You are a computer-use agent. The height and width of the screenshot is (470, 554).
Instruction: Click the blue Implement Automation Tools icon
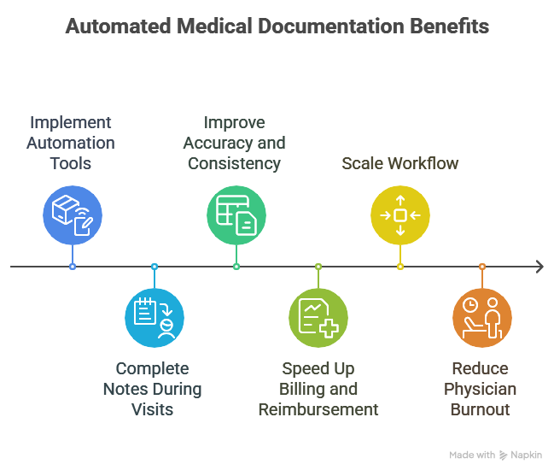[x=73, y=214]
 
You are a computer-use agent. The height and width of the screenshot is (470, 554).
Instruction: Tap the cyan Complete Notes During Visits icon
[x=155, y=319]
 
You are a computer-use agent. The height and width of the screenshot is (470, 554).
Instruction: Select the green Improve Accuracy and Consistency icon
[x=236, y=214]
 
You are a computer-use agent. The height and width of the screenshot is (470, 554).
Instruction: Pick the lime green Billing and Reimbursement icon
[x=318, y=319]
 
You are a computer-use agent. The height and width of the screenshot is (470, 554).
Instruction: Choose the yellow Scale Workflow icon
[x=400, y=214]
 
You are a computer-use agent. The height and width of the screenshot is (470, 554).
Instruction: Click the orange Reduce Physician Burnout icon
[x=482, y=319]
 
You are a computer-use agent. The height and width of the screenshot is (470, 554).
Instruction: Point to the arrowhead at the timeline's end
[x=539, y=267]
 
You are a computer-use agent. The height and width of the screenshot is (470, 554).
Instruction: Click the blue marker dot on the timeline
[x=73, y=267]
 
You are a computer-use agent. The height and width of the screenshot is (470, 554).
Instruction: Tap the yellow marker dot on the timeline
[x=400, y=267]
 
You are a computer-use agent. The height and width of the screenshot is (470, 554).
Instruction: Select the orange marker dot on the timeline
[x=482, y=267]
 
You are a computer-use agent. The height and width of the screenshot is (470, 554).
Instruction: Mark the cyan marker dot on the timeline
[x=155, y=267]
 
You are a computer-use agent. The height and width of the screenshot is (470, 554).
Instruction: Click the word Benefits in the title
[x=447, y=26]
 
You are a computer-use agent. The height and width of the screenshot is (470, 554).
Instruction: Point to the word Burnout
[x=481, y=409]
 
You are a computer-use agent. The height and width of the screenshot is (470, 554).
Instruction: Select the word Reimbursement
[x=318, y=409]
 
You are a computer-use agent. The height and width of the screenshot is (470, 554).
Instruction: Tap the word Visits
[x=154, y=409]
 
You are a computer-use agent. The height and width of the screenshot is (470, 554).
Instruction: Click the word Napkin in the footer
[x=527, y=455]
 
